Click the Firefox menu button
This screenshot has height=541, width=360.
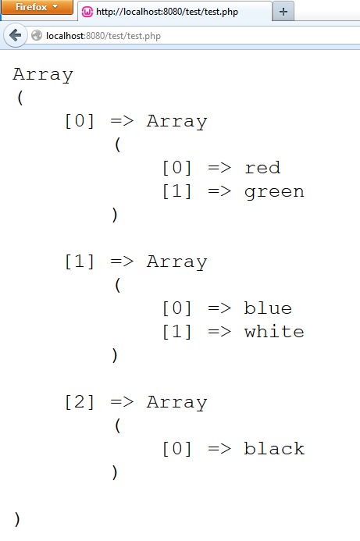click(37, 7)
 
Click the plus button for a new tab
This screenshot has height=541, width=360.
click(283, 12)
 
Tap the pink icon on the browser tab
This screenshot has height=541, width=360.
click(87, 12)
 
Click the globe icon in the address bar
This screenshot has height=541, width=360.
click(37, 36)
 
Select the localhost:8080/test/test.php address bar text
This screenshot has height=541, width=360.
click(103, 36)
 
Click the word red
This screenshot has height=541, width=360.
click(262, 168)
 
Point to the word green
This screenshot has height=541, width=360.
click(274, 192)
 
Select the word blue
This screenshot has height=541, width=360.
click(268, 308)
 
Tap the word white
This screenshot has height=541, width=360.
click(274, 331)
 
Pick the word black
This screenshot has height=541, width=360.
click(274, 449)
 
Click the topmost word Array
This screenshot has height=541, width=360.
click(43, 75)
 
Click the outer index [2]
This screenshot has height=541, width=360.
click(80, 402)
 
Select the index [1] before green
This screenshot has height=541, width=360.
click(177, 191)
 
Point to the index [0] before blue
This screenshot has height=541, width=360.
click(177, 308)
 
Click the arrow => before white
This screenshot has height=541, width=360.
click(219, 332)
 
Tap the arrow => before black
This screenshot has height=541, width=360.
click(219, 449)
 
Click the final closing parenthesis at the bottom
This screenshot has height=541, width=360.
click(17, 519)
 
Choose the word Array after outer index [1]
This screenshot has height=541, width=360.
click(177, 262)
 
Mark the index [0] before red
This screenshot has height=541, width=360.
click(177, 168)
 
